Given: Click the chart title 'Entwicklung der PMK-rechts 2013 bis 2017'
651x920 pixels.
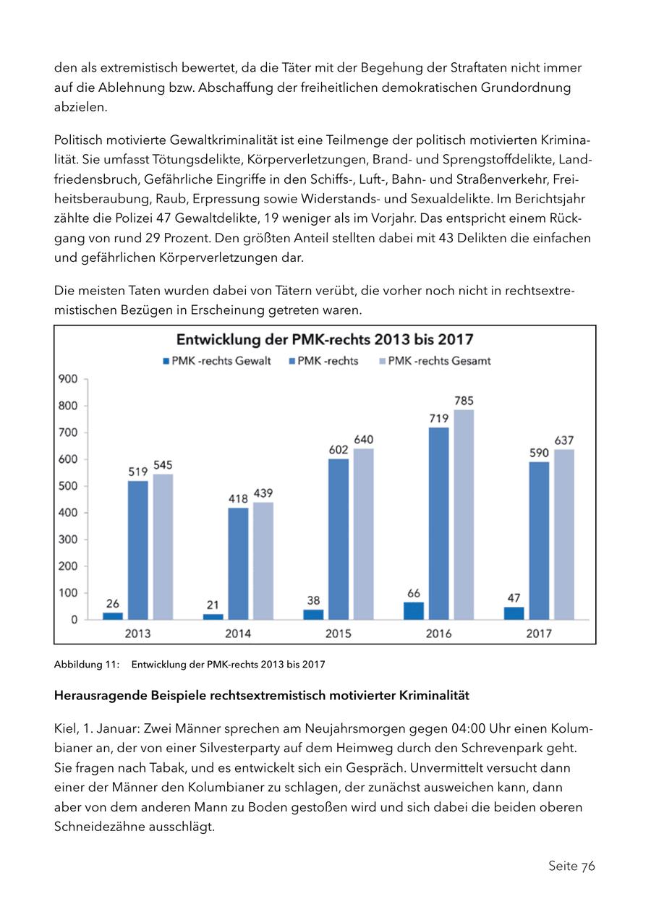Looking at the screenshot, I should click(325, 340).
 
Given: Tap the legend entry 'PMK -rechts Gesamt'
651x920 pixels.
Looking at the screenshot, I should click(434, 361).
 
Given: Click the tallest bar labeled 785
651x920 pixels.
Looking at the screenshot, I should click(464, 514).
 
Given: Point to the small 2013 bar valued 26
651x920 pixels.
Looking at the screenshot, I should click(113, 616).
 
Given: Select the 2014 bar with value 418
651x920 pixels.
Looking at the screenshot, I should click(238, 563).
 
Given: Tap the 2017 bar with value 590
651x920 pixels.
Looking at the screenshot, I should click(539, 540).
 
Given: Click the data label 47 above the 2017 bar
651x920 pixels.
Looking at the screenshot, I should click(514, 598).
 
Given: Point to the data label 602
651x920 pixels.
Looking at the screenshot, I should click(339, 449).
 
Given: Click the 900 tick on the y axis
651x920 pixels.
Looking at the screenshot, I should click(69, 379).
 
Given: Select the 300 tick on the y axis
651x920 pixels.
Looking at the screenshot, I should click(69, 540).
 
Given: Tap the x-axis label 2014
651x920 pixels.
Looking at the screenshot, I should click(238, 634).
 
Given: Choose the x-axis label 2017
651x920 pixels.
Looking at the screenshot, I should click(539, 634).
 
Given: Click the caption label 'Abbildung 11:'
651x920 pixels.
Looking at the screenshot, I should click(87, 664).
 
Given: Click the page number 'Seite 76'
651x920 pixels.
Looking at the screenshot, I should click(571, 866).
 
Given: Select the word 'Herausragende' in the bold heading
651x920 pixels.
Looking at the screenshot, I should click(100, 696).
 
